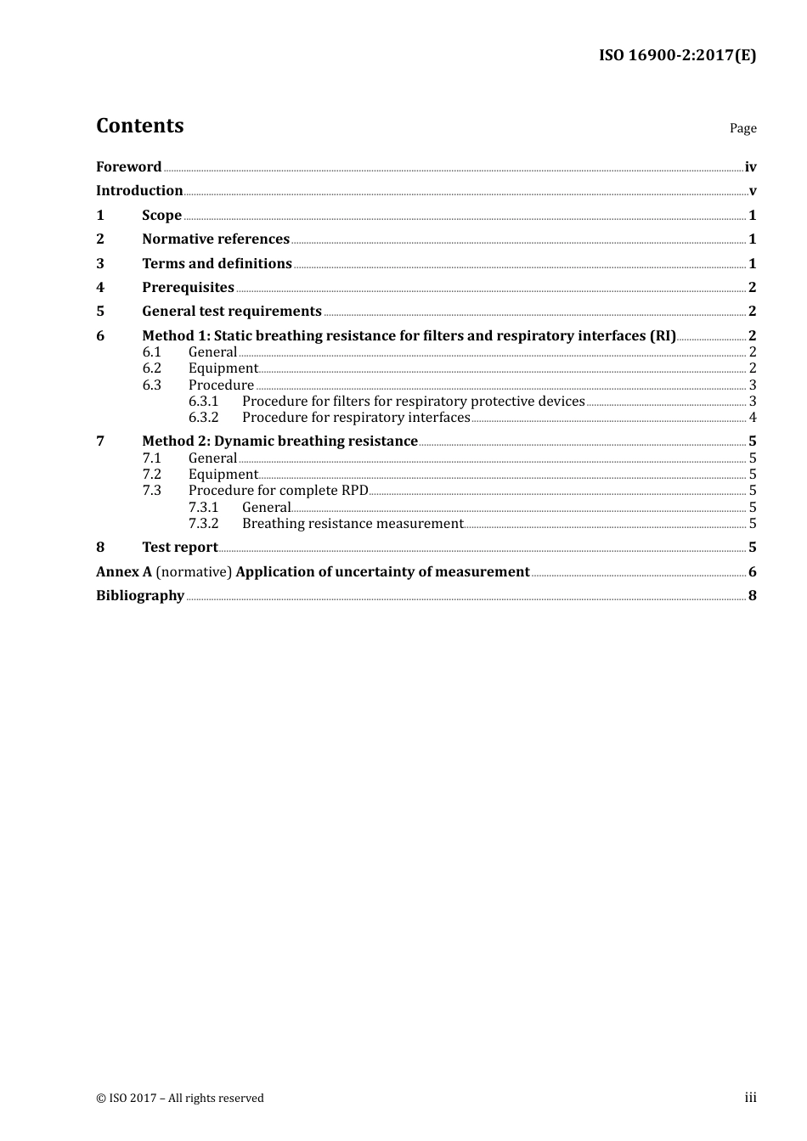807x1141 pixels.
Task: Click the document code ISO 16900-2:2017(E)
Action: coord(677,55)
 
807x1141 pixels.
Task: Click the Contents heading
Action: coord(139,126)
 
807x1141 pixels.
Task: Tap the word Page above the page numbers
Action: coord(742,128)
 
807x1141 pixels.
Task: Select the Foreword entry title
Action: coord(128,166)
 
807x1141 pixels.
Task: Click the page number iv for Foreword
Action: coord(750,167)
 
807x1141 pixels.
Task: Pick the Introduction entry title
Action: coord(139,190)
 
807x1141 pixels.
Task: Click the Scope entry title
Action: coord(161,215)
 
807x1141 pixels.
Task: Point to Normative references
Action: coord(216,239)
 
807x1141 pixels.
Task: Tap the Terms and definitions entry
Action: coord(217,263)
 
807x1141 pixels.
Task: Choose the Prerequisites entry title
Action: coord(188,287)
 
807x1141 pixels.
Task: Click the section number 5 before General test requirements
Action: coord(100,311)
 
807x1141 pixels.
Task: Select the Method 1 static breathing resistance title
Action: coord(409,335)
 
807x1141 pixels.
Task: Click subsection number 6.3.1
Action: coord(203,401)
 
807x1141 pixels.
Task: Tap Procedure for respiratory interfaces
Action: coord(356,417)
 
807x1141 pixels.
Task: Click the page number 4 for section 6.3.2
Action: coord(753,417)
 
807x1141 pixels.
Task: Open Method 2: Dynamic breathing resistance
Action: coord(279,441)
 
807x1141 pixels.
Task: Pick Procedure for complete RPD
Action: coord(278,490)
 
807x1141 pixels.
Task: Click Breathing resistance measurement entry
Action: coord(353,523)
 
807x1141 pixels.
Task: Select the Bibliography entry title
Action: coord(140,595)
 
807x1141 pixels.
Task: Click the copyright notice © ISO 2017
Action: coord(180,1098)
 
